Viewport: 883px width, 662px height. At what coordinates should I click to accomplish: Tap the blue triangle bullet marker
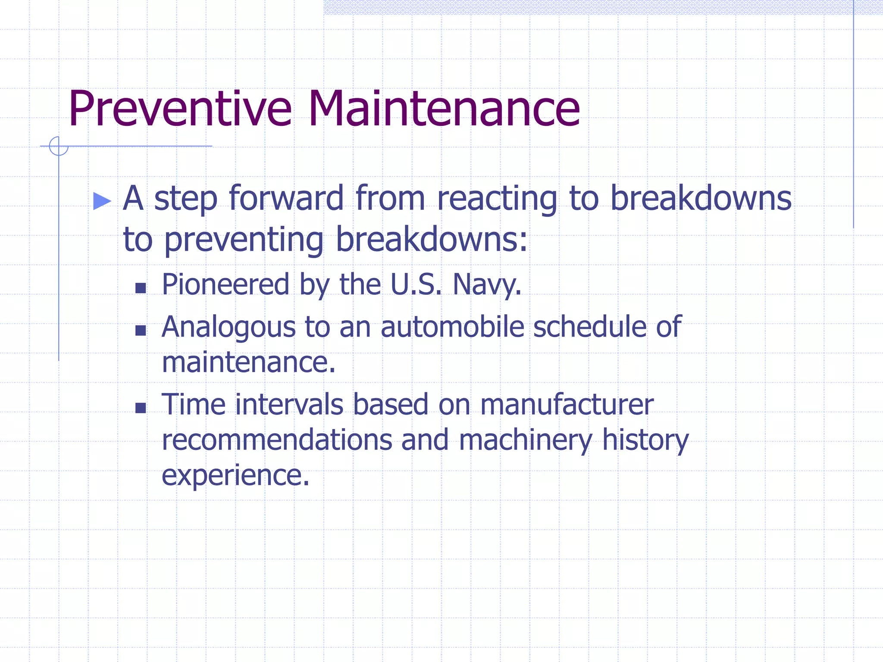coord(102,201)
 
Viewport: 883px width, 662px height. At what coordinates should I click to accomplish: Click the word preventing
coord(244,240)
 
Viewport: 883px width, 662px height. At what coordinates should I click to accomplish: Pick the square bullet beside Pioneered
coord(141,288)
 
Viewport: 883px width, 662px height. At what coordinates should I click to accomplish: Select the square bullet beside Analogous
coord(141,330)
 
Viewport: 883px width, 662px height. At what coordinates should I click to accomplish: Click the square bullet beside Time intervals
coord(141,408)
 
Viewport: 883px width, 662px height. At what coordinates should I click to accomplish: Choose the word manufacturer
coord(567,405)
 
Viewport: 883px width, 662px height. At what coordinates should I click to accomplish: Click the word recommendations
coord(277,440)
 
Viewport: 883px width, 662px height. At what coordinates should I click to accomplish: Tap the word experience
coord(235,476)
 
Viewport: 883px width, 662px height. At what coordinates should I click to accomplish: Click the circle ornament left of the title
coord(59,146)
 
